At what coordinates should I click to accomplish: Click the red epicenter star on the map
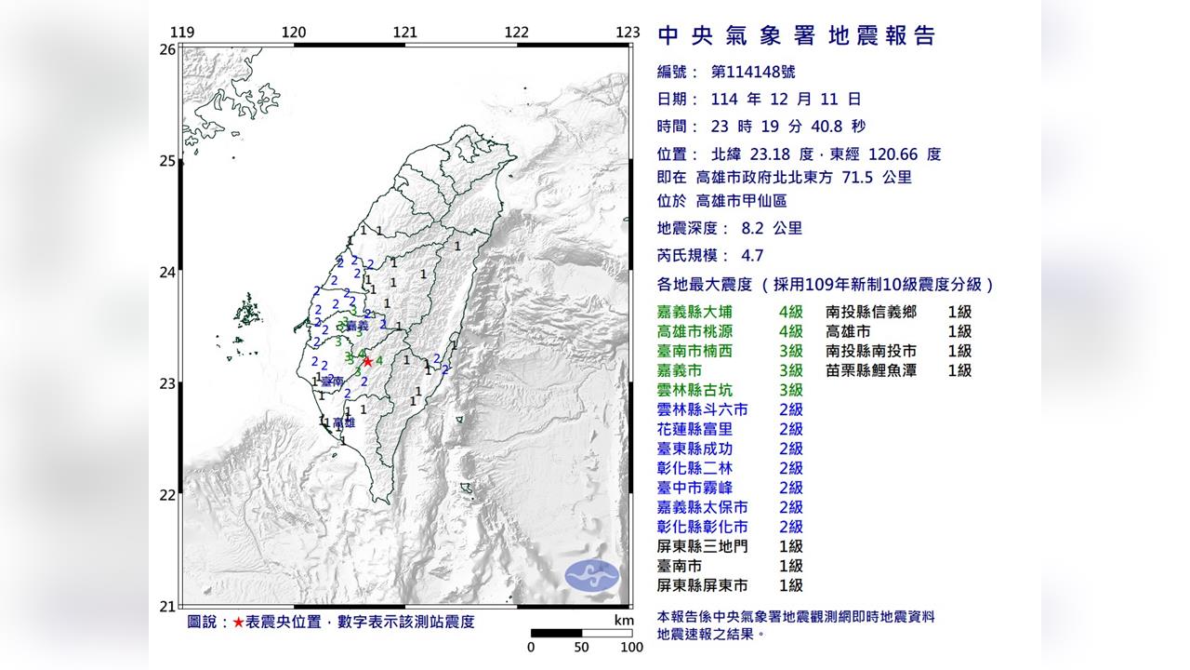pos(367,361)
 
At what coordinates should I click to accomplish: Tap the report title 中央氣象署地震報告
pos(797,36)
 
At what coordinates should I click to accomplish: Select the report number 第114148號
pos(752,72)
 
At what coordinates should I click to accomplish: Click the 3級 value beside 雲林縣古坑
pos(791,390)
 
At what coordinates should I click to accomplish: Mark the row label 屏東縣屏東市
pos(703,585)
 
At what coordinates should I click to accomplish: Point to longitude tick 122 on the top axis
pos(517,33)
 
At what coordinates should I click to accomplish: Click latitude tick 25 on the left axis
pos(167,161)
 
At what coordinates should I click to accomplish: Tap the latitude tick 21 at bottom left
pos(167,607)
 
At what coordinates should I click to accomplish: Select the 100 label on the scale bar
pos(631,648)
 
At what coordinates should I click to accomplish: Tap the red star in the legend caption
pos(239,622)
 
